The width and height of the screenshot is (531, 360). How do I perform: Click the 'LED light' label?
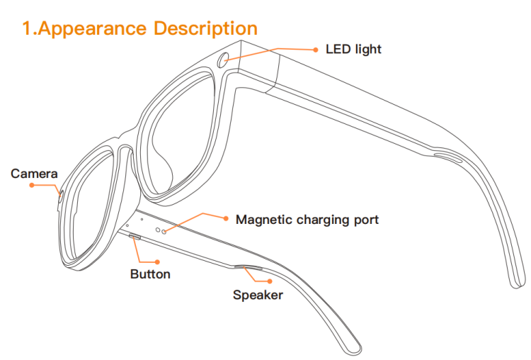353,49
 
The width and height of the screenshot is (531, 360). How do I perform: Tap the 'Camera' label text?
34,174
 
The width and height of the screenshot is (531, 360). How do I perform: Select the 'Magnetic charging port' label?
307,220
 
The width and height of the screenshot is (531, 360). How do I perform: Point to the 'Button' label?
150,274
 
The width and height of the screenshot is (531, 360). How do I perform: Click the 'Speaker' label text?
258,295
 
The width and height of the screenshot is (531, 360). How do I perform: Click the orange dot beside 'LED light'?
316,50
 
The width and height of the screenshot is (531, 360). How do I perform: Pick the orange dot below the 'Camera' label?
31,185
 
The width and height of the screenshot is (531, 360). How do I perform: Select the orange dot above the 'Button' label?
167,261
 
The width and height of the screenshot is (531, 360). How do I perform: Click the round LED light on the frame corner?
224,60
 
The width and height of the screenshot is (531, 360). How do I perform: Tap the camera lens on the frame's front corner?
60,197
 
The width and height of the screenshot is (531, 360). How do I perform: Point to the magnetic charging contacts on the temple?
161,230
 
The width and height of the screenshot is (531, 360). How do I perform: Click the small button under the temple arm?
134,237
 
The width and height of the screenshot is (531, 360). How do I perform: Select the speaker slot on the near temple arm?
248,268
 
